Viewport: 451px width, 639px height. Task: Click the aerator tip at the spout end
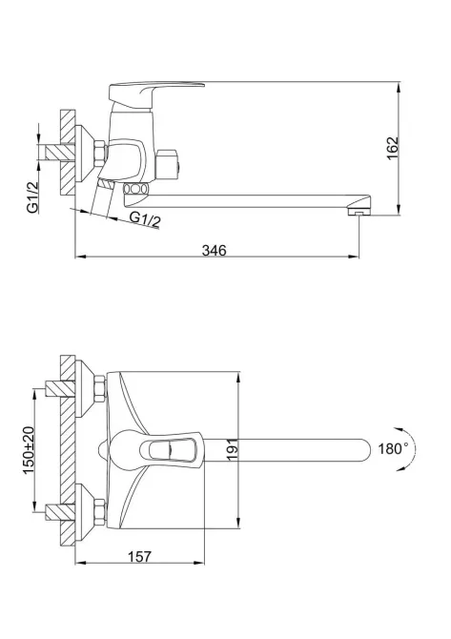click(x=357, y=216)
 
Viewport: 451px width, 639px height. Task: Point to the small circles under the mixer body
click(x=135, y=191)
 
